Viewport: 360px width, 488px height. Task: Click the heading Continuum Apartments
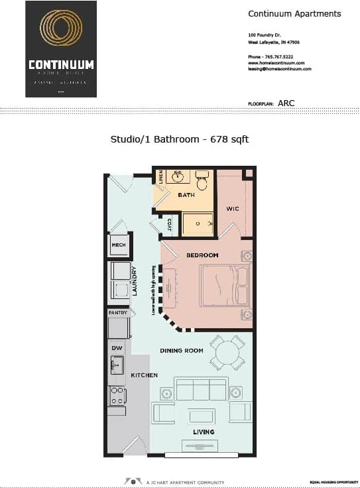click(x=294, y=13)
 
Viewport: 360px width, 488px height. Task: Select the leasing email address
click(x=279, y=68)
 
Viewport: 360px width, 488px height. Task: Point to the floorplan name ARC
click(x=286, y=103)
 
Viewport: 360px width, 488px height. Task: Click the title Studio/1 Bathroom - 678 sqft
click(x=179, y=139)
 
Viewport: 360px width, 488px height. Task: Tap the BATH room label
click(x=186, y=195)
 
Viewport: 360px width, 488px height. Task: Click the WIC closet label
click(x=232, y=209)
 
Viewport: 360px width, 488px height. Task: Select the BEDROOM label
click(x=202, y=255)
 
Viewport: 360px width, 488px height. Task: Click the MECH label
click(x=119, y=245)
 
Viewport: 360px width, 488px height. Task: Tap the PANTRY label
click(x=118, y=312)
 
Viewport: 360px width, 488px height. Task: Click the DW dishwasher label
click(x=116, y=347)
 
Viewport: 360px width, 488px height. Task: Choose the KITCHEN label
click(x=144, y=375)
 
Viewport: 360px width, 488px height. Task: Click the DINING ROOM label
click(x=181, y=350)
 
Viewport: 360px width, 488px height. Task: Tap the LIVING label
click(x=204, y=432)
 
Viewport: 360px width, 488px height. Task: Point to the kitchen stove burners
click(x=117, y=396)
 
